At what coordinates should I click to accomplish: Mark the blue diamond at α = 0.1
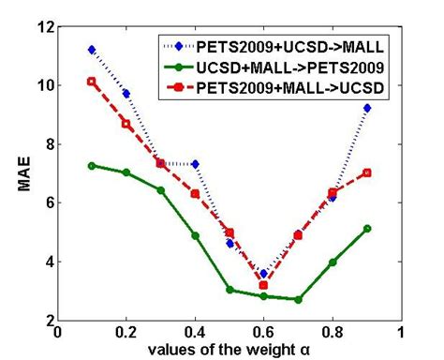coord(92,49)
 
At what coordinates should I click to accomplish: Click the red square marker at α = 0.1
coord(92,82)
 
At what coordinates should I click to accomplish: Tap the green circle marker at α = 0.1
coord(92,165)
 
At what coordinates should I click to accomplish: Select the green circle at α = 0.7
coord(298,299)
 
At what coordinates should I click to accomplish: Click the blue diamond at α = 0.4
coord(195,164)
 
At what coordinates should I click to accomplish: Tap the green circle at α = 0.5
coord(229,290)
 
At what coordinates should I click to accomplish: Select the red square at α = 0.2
coord(126,124)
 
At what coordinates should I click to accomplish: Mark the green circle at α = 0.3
coord(161,190)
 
